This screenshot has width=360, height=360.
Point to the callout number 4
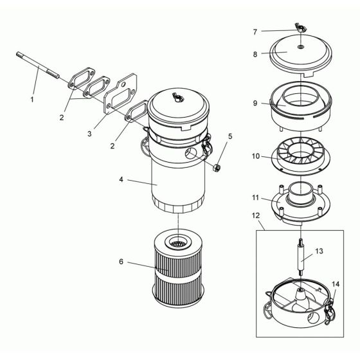[x=121, y=181]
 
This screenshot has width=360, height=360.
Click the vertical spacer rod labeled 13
[x=300, y=260]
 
